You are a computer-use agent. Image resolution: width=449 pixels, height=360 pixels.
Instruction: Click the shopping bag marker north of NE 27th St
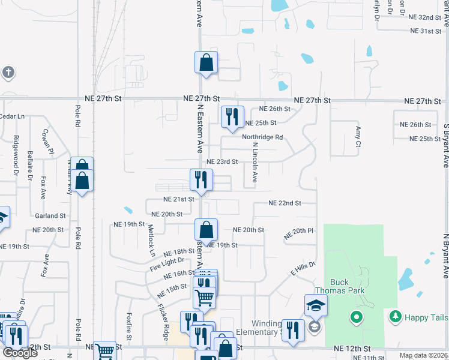(206, 63)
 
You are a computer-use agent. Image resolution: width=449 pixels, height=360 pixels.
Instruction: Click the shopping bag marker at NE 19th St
(206, 231)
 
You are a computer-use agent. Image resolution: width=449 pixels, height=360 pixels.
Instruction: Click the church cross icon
(7, 73)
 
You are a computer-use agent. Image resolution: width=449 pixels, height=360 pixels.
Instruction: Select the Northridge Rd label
(262, 137)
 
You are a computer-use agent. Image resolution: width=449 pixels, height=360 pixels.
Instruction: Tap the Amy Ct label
(358, 136)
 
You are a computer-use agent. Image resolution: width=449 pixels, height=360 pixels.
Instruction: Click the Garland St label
(50, 215)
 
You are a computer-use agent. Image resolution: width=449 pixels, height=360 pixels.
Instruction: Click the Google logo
(20, 353)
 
